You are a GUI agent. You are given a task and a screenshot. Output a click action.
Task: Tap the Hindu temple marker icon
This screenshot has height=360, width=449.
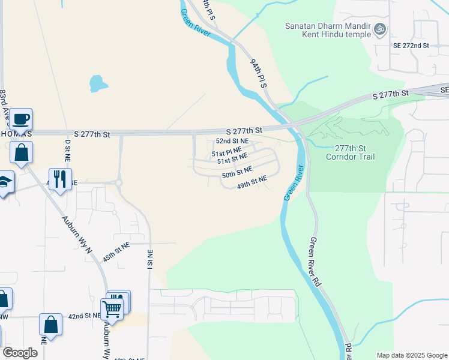pos(379,29)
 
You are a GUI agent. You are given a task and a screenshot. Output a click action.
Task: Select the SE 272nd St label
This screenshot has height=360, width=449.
pos(411,46)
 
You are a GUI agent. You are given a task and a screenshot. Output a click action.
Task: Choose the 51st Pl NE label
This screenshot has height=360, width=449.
pos(226,153)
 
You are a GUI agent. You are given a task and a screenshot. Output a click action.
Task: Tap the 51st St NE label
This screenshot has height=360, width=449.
pos(232,159)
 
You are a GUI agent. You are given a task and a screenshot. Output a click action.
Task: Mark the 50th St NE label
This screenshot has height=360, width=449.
pos(237,173)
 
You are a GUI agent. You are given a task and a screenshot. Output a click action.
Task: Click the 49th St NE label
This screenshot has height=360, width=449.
pos(252,182)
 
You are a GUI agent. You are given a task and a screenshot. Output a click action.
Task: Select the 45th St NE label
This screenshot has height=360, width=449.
pos(116,250)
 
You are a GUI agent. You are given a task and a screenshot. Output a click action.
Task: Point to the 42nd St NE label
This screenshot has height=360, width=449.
pos(83,316)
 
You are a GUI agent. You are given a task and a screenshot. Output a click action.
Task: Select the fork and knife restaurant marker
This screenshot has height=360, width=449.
pos(60,180)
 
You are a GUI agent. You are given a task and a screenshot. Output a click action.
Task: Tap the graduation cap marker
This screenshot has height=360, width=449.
pos(4,183)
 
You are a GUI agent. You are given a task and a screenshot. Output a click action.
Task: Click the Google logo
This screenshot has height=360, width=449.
pos(20,353)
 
